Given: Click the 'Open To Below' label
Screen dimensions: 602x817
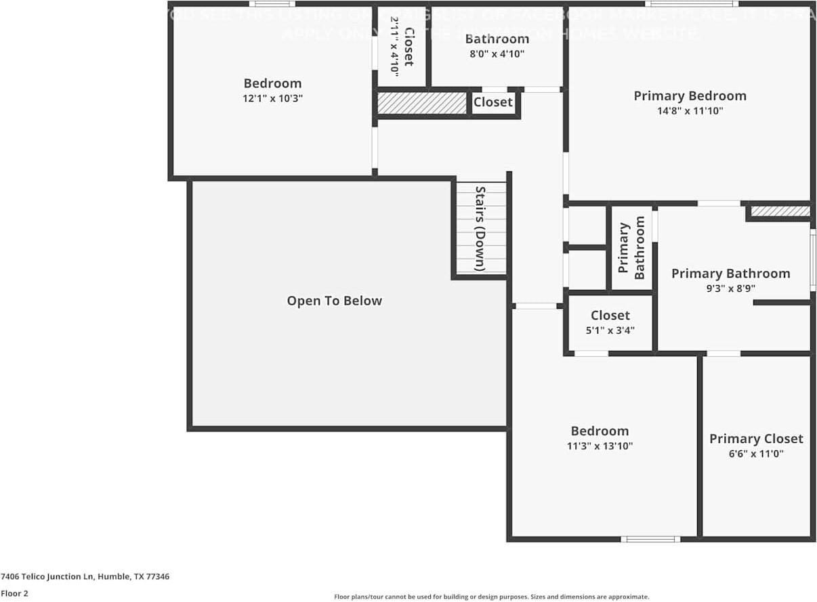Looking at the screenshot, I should (x=334, y=301).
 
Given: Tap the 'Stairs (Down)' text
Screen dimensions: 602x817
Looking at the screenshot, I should (x=480, y=229).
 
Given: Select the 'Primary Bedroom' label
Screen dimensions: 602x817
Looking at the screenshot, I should (x=690, y=95).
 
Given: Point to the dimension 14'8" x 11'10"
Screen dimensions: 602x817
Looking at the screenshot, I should (x=690, y=110).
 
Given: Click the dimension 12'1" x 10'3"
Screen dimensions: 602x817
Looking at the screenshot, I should (x=272, y=98).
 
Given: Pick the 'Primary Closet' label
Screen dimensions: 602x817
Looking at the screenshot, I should (x=756, y=439).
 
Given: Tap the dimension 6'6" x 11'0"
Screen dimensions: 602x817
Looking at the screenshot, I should (x=756, y=454).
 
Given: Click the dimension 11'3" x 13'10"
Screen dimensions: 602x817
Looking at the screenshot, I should (x=600, y=446).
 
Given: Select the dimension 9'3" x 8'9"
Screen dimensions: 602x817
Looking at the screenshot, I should (x=730, y=288).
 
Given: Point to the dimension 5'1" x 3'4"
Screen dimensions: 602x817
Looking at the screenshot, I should (x=610, y=330).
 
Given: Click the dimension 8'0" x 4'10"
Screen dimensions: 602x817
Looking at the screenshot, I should (x=497, y=53).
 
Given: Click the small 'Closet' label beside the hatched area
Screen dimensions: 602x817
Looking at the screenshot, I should (x=493, y=102).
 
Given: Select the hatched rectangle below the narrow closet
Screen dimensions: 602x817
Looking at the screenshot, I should (x=422, y=103).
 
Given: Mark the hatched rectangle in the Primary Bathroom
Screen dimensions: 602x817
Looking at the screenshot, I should (x=780, y=211).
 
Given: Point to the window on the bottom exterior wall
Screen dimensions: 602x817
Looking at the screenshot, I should (x=650, y=539).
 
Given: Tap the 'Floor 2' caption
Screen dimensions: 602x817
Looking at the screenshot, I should (x=14, y=593).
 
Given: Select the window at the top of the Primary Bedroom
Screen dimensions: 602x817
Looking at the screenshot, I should (x=691, y=4).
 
